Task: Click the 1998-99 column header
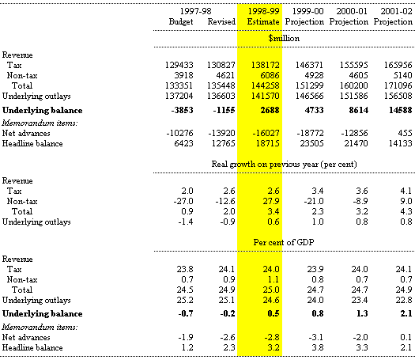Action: (x=263, y=11)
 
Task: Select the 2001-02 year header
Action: (x=396, y=11)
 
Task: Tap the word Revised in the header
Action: (x=221, y=21)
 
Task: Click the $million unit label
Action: (x=284, y=39)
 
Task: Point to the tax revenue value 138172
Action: (x=265, y=65)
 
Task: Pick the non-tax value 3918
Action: (x=183, y=75)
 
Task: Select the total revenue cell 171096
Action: (x=398, y=85)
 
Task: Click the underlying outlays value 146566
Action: (x=309, y=96)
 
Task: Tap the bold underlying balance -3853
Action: (x=182, y=110)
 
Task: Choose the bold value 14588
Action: (x=401, y=110)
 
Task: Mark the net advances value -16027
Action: (x=266, y=133)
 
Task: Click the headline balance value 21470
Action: (x=356, y=143)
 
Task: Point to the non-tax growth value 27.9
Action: (x=271, y=201)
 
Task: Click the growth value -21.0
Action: (x=314, y=201)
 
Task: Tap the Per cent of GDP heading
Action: (x=284, y=242)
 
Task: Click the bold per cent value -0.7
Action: (x=186, y=313)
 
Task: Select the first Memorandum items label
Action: (x=40, y=123)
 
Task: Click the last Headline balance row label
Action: (x=32, y=347)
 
